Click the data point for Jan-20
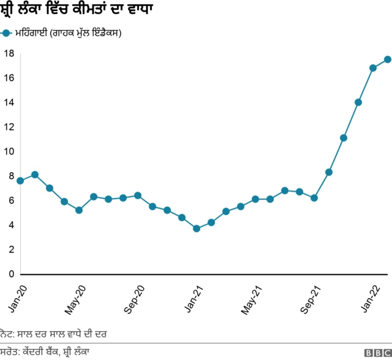(x=20, y=181)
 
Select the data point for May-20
(x=79, y=210)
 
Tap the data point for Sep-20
(x=138, y=195)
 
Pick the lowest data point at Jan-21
(x=197, y=228)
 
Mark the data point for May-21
(x=255, y=199)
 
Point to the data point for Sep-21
(x=314, y=198)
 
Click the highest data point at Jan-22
(x=388, y=59)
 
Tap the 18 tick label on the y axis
(x=9, y=53)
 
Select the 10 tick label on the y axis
(x=9, y=151)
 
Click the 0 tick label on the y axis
(x=11, y=274)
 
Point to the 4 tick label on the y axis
(x=11, y=225)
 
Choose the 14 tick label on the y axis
(x=9, y=102)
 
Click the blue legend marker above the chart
(x=6, y=33)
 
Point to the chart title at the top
(x=77, y=10)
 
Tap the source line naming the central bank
(x=46, y=352)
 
